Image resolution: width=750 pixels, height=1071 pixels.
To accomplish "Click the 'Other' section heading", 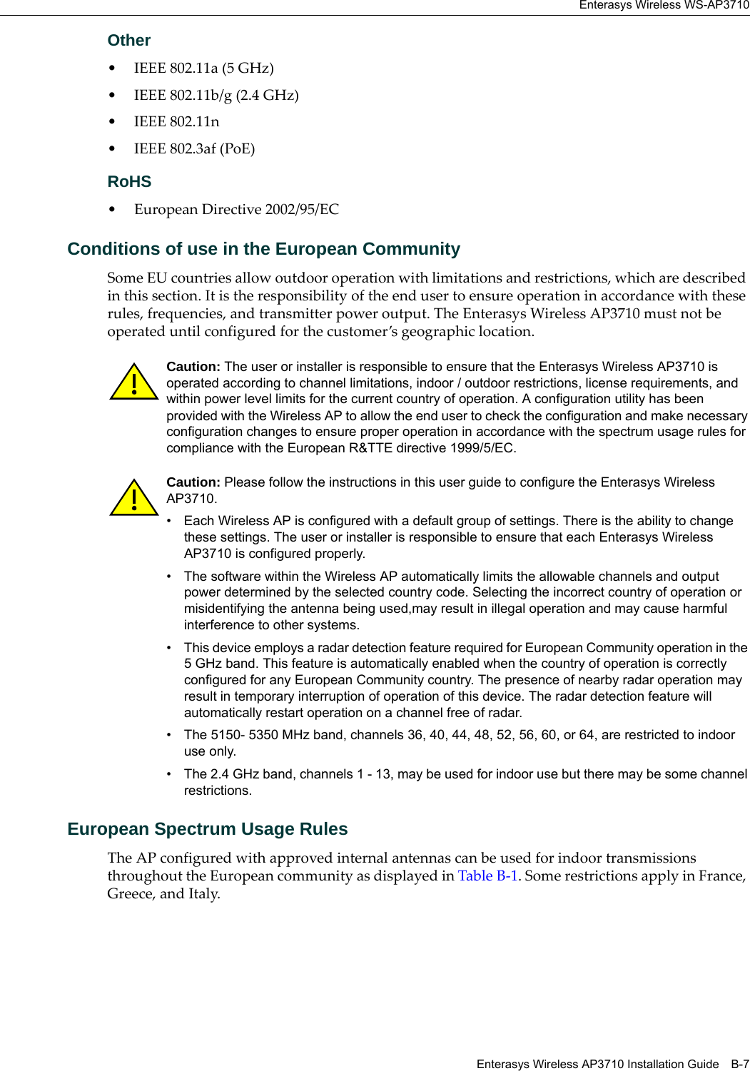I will (x=128, y=41).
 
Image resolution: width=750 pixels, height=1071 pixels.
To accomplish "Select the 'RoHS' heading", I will (x=129, y=182).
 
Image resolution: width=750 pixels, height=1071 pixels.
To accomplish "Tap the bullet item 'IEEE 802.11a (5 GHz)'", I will (x=203, y=68).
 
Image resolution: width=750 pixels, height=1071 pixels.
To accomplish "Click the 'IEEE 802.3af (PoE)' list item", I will (x=194, y=148).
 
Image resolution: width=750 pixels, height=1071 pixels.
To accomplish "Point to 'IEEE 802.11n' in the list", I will (x=176, y=121).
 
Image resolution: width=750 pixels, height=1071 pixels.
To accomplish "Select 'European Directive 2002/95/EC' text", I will (x=236, y=209).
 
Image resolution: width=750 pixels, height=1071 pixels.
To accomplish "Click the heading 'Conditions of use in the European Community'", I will (x=263, y=249).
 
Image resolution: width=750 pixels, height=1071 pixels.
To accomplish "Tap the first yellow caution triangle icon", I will (x=133, y=382).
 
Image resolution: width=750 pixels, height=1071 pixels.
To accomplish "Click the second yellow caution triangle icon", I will (x=133, y=498).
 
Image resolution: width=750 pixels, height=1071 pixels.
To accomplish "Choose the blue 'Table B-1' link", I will (x=487, y=875).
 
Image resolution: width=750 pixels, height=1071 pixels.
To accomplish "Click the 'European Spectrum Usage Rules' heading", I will (x=207, y=829).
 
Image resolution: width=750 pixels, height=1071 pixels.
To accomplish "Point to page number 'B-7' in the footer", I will (x=739, y=1064).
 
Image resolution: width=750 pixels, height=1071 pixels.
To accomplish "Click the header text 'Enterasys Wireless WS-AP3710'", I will (x=664, y=5).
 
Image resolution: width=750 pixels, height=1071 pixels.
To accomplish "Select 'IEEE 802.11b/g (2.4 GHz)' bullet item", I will (x=216, y=95).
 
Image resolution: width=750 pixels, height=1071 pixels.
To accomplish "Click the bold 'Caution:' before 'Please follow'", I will (x=193, y=482).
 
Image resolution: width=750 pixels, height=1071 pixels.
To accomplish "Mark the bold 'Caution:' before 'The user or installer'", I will (x=193, y=367).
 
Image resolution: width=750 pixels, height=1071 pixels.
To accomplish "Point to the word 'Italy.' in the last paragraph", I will (x=204, y=893).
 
